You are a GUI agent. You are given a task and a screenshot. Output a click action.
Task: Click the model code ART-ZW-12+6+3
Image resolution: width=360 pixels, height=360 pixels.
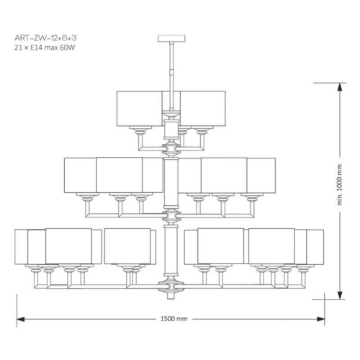point(45,38)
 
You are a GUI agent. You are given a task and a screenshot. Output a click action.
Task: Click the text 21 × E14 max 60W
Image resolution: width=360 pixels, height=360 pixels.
point(45,48)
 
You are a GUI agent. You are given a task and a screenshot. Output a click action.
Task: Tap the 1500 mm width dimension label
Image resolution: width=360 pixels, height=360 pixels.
point(174,319)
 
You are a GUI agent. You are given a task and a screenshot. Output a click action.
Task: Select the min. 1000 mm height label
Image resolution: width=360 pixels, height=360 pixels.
point(339,184)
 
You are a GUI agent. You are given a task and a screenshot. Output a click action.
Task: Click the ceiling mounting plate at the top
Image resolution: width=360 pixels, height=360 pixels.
point(171,38)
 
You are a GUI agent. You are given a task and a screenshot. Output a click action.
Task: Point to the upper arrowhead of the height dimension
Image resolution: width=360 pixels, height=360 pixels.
point(340,87)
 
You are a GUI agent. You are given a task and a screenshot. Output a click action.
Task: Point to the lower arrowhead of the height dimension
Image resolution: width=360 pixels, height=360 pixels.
point(340,295)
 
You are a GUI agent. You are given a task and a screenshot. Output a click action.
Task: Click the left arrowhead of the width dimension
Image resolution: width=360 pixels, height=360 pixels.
point(21,319)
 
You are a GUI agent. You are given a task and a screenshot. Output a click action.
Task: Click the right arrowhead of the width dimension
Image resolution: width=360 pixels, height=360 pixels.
point(320,319)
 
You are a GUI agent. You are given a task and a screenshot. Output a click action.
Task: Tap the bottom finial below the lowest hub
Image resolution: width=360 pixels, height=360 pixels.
point(171,296)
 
